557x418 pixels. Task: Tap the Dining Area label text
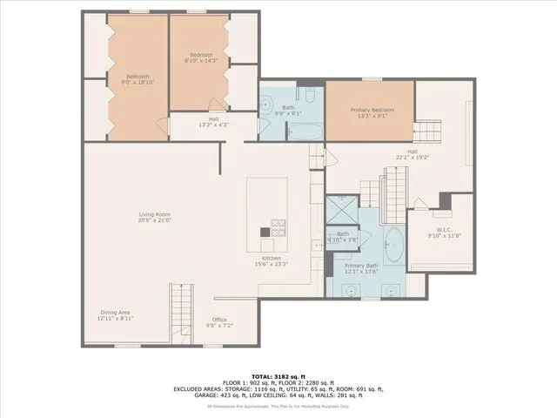(x=114, y=316)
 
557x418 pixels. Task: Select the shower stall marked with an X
(x=338, y=209)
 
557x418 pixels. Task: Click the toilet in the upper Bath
(x=309, y=93)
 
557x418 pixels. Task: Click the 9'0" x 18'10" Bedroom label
(x=138, y=79)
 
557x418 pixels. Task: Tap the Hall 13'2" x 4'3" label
(x=213, y=122)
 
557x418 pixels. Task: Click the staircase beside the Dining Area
(x=179, y=312)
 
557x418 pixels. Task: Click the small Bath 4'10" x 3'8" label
(x=343, y=236)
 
